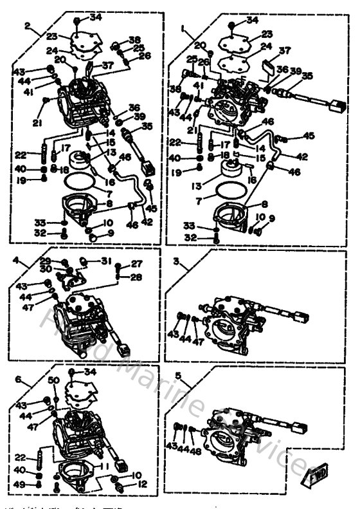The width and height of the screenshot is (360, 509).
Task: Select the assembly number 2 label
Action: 27,26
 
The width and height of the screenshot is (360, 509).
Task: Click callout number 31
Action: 106,261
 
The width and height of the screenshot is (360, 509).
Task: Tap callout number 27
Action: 136,263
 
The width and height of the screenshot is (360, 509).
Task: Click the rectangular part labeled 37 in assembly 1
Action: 270,66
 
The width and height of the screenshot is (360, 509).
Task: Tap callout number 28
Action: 136,277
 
